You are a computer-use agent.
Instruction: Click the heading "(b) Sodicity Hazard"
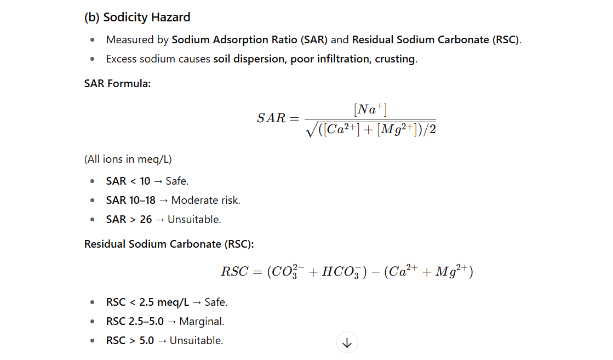click(137, 17)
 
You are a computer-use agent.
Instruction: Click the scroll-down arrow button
click(347, 343)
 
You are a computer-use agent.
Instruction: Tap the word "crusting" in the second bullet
click(394, 59)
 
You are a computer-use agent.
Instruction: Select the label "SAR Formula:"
click(117, 83)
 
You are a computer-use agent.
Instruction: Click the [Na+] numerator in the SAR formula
click(370, 110)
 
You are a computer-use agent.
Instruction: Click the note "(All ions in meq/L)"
click(128, 159)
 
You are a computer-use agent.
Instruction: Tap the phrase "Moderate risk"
click(205, 200)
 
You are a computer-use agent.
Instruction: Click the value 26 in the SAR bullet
click(146, 219)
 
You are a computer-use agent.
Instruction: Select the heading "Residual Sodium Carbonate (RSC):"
click(169, 244)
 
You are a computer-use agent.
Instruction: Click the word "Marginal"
click(202, 321)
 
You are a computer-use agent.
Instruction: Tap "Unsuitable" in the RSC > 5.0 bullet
click(196, 340)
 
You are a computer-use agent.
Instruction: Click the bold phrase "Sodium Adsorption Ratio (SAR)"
click(250, 40)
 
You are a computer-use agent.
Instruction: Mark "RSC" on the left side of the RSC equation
click(235, 272)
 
